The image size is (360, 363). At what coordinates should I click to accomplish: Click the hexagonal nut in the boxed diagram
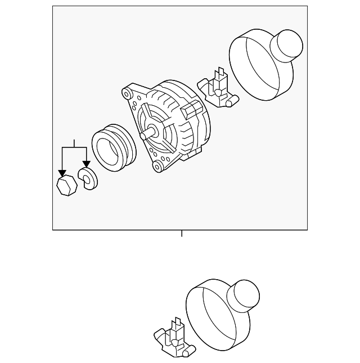pos(66,185)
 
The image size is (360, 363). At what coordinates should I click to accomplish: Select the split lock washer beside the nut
pos(89,179)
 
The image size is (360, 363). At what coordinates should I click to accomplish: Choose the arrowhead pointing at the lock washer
pos(86,165)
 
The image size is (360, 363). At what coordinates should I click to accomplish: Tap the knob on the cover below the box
pos(244,294)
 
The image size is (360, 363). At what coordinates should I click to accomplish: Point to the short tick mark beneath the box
pos(182,234)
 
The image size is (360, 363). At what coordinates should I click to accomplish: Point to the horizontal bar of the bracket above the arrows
pos(74,147)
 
